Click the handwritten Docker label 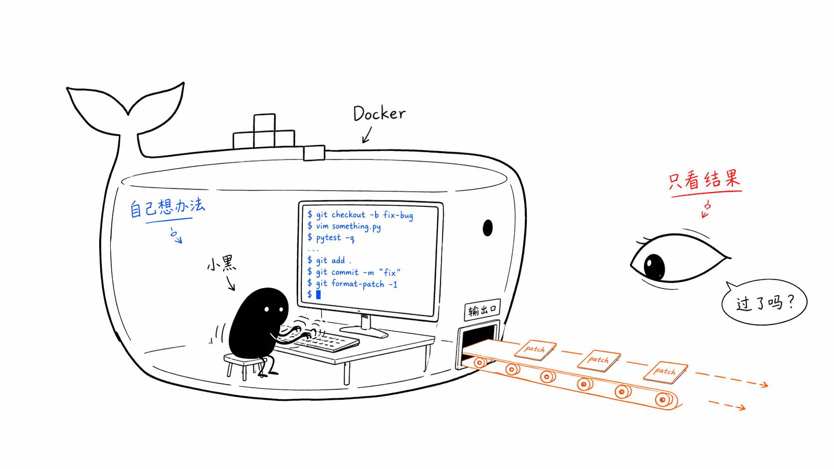coord(379,114)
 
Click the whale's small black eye coord(487,228)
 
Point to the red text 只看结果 coord(704,179)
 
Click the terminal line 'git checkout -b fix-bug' coord(361,215)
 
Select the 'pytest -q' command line coord(331,238)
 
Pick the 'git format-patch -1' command coord(352,284)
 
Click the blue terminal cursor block coord(318,295)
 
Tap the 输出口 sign coord(482,310)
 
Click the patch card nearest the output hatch coord(535,350)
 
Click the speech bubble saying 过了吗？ coord(764,302)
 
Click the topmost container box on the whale coord(264,123)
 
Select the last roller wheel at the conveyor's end coord(663,400)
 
